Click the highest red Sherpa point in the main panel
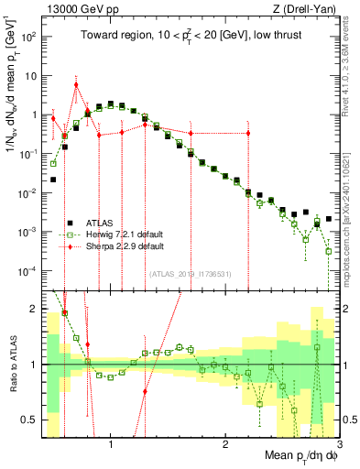[76, 85]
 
